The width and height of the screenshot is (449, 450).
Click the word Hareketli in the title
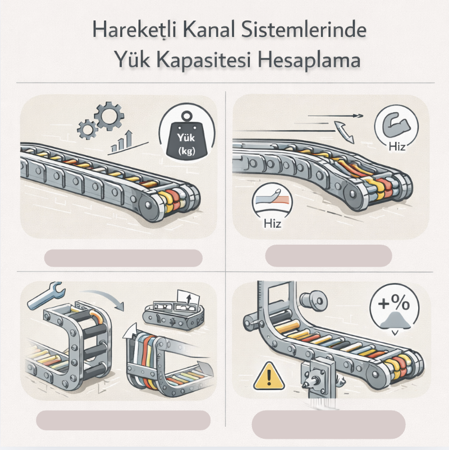[134, 30]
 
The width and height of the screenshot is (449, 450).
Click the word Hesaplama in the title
[309, 60]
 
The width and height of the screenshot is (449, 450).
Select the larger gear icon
[109, 116]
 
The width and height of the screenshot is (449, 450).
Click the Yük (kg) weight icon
[186, 135]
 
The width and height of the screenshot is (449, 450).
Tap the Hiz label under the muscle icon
[397, 146]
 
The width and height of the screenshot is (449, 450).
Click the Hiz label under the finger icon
[272, 223]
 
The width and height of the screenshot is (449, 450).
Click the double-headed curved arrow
[344, 132]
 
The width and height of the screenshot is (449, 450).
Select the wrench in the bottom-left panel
[47, 296]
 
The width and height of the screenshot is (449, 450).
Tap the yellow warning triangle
[269, 376]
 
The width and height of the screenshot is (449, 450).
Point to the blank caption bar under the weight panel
[123, 258]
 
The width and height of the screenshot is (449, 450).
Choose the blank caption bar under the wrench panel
[123, 420]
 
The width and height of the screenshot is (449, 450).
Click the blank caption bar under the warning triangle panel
[328, 424]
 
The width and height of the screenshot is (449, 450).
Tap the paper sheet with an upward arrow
[188, 300]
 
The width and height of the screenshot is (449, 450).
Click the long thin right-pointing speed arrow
[335, 116]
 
